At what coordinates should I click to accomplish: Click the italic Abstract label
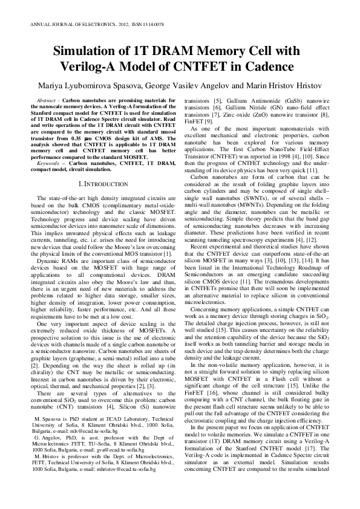coord(47,98)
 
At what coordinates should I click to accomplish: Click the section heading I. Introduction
coord(97,182)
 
